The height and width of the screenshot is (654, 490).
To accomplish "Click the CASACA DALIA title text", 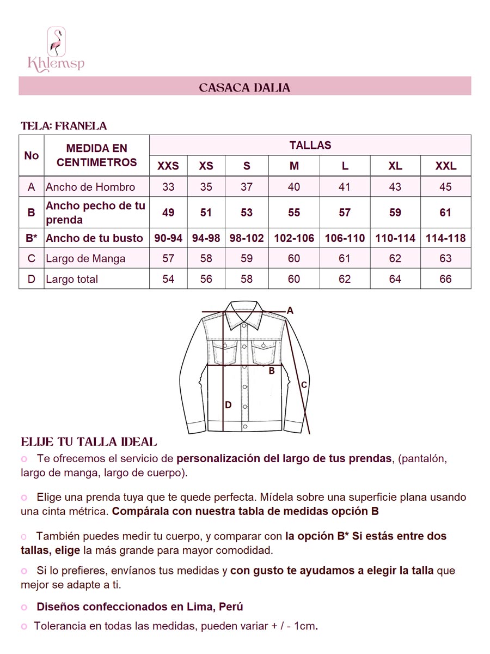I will (x=244, y=87).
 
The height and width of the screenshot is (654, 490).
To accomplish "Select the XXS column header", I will (x=168, y=166).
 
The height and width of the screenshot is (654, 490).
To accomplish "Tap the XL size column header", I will (x=395, y=166).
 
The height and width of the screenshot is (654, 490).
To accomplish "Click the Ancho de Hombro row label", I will (x=90, y=187).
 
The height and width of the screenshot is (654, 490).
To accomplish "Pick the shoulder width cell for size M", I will (x=294, y=187).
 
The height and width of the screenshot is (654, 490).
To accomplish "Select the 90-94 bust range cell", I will (x=168, y=238).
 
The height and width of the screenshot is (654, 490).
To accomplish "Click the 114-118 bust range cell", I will (x=445, y=238).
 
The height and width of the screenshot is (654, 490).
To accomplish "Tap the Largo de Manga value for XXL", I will (x=445, y=258).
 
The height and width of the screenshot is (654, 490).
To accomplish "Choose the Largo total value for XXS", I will (x=168, y=279).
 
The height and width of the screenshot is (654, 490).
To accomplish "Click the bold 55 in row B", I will (x=294, y=212).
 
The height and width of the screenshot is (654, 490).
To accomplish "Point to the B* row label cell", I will (x=32, y=238).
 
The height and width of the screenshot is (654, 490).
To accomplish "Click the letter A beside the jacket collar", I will (x=290, y=311).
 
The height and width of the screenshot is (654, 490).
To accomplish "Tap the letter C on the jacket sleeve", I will (x=304, y=385).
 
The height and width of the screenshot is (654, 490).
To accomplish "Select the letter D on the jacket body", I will (x=228, y=405).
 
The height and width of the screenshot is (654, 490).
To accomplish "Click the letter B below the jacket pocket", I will (x=271, y=371).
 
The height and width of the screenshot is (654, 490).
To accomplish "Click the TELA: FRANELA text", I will (x=64, y=126).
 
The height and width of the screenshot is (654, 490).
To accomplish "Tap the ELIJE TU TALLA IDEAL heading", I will (x=89, y=441).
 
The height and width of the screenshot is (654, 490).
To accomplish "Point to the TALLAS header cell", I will (x=310, y=146).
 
